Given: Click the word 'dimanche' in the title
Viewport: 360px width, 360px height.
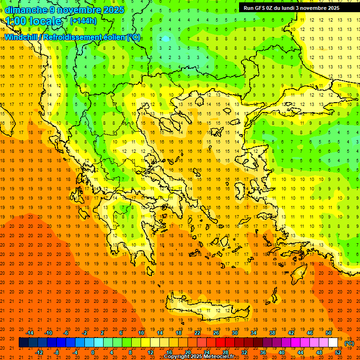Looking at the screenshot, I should pyautogui.click(x=25, y=10).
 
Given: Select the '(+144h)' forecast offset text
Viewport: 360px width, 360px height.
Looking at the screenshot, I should pyautogui.click(x=83, y=21).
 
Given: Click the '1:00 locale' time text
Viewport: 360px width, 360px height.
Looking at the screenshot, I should pyautogui.click(x=34, y=21).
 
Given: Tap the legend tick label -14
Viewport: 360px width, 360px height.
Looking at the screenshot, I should pyautogui.click(x=30, y=332).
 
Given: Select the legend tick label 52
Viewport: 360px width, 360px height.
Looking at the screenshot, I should pyautogui.click(x=338, y=352).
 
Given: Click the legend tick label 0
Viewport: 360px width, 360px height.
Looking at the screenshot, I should pyautogui.click(x=92, y=352).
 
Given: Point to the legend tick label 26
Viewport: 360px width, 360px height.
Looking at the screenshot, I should pyautogui.click(x=216, y=332).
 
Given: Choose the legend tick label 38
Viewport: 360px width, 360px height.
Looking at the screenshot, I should pyautogui.click(x=272, y=332).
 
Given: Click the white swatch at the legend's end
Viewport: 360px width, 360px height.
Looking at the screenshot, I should pyautogui.click(x=333, y=343).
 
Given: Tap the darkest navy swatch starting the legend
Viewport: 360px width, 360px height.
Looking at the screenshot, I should pyautogui.click(x=23, y=343).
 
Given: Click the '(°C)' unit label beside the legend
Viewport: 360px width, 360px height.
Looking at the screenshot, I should pyautogui.click(x=349, y=343).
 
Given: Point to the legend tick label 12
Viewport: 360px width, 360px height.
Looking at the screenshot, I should pyautogui.click(x=150, y=352).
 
